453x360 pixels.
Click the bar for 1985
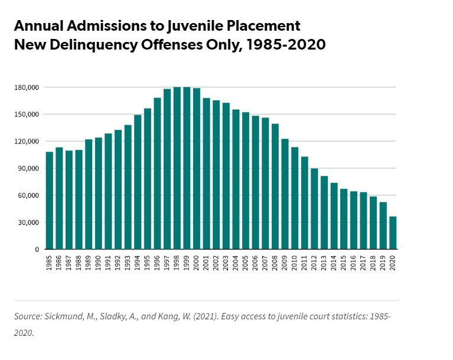[50, 201]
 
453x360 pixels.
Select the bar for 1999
[187, 168]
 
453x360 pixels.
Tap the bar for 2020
[393, 233]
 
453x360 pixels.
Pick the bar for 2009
[285, 194]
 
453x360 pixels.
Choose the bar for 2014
[334, 216]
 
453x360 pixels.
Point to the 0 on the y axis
[37, 250]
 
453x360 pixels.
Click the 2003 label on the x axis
[226, 263]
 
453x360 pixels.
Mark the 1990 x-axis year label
[99, 263]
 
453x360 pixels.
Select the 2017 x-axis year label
[364, 263]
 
